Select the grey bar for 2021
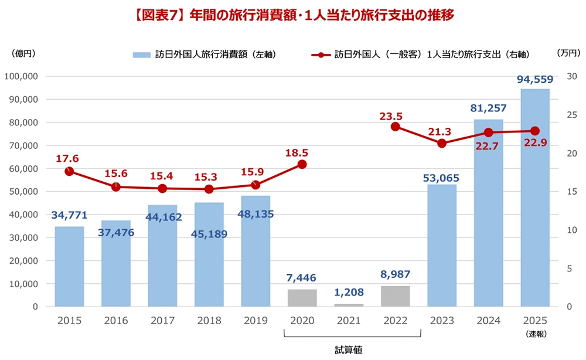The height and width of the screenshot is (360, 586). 349,305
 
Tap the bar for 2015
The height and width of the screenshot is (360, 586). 69,266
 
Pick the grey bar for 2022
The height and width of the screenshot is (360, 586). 395,296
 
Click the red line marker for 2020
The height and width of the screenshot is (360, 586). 302,165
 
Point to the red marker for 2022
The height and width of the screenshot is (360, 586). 396,127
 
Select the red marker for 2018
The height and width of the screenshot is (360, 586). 209,189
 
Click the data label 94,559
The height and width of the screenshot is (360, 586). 534,80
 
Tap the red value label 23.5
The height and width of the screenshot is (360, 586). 391,117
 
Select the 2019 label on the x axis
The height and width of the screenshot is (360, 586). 255,321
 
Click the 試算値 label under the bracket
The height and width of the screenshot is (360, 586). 349,350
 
